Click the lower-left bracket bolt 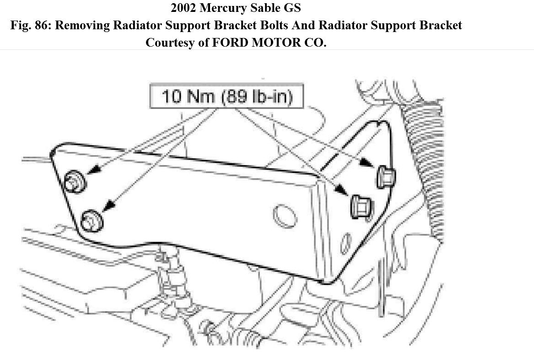(x=92, y=221)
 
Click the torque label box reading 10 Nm (x=227, y=96)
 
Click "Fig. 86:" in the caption (x=30, y=25)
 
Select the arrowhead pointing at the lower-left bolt (x=107, y=207)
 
